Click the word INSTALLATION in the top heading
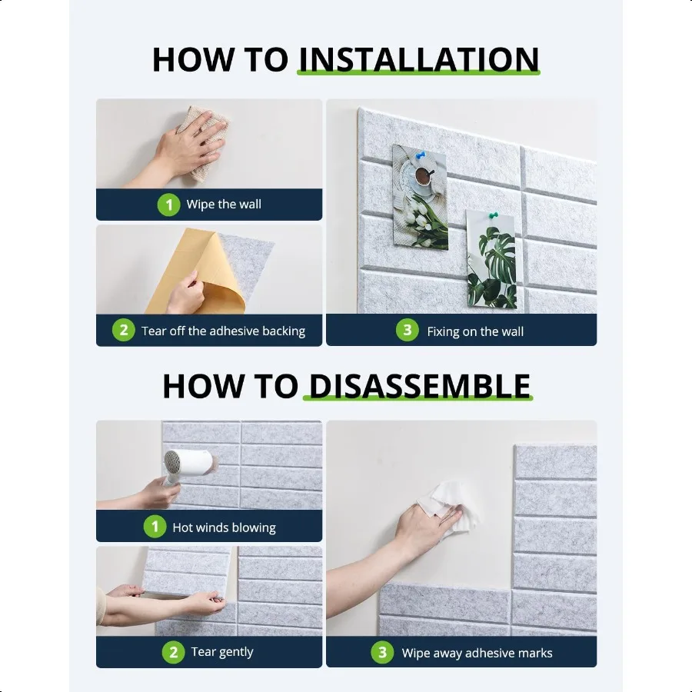pyautogui.click(x=419, y=59)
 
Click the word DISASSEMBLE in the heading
pyautogui.click(x=419, y=386)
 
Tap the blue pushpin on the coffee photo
pyautogui.click(x=420, y=155)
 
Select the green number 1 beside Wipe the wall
pyautogui.click(x=168, y=205)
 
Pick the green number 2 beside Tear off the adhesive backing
pyautogui.click(x=124, y=330)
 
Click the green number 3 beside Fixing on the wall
pyautogui.click(x=407, y=330)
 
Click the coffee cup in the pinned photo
pyautogui.click(x=424, y=177)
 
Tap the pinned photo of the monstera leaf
pyautogui.click(x=491, y=259)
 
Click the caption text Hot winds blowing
pyautogui.click(x=225, y=527)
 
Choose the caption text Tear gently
pyautogui.click(x=222, y=652)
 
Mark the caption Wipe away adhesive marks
pyautogui.click(x=477, y=653)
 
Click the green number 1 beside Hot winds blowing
pyautogui.click(x=155, y=527)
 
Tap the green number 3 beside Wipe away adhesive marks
pyautogui.click(x=382, y=652)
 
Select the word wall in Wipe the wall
pyautogui.click(x=250, y=205)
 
